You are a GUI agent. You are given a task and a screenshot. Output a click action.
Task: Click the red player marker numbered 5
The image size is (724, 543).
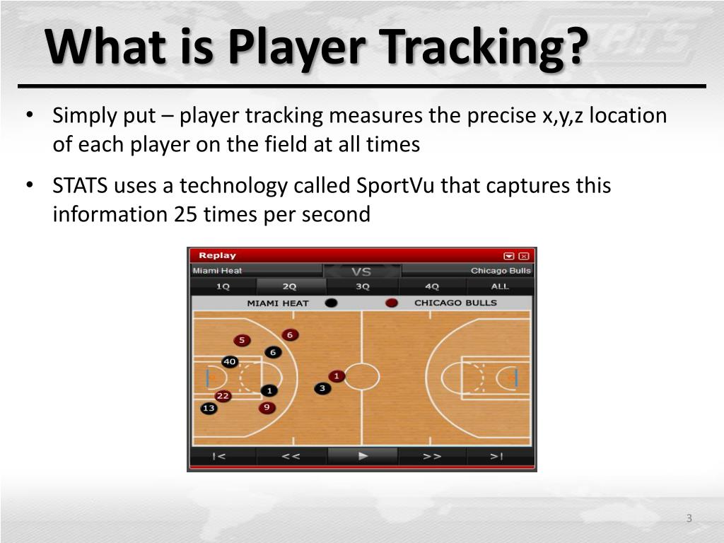(242, 340)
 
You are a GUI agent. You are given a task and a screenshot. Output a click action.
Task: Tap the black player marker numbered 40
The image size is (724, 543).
(230, 361)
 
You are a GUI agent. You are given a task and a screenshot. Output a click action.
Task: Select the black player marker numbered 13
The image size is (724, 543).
(209, 408)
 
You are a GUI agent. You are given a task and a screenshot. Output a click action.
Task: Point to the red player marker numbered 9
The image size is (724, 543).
(267, 407)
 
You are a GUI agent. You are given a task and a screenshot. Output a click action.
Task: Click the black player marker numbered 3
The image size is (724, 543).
(322, 388)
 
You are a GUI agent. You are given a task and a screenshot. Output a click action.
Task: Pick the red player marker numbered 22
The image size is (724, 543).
(223, 395)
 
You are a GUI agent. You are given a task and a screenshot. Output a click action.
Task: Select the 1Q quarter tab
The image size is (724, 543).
(223, 286)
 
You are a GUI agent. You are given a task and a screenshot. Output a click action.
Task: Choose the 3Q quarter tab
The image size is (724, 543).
(362, 286)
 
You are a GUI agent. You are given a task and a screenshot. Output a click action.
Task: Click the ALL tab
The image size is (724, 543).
(500, 286)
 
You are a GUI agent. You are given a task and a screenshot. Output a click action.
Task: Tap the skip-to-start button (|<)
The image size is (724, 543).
(220, 456)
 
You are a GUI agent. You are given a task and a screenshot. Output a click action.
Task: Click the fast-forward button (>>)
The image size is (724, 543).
(432, 456)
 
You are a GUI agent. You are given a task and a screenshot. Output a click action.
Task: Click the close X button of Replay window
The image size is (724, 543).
(524, 256)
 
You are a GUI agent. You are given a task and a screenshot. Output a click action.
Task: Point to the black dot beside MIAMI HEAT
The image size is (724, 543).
(331, 303)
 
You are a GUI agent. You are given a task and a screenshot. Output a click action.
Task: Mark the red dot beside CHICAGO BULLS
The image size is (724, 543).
(391, 303)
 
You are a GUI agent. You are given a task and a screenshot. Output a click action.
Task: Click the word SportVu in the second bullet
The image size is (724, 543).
(396, 186)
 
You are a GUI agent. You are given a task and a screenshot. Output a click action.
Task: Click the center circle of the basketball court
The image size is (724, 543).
(362, 376)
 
